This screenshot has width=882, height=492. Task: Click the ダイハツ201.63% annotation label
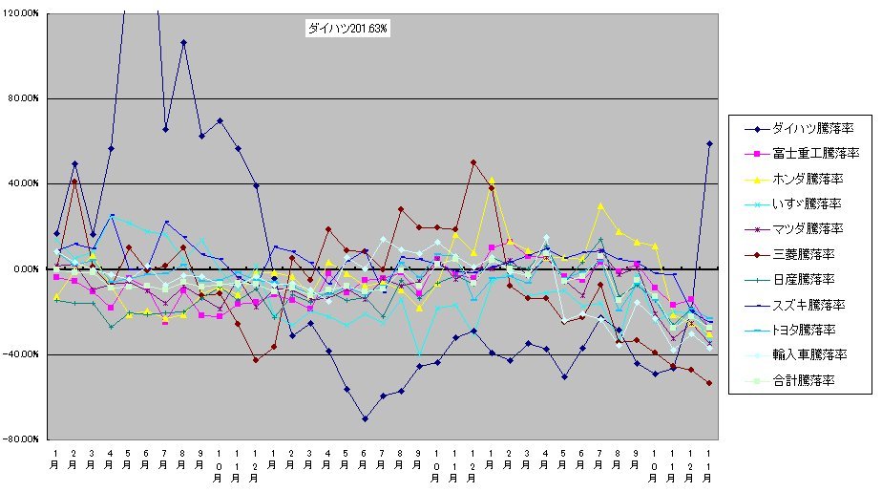point(347,30)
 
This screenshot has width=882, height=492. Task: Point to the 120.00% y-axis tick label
point(20,13)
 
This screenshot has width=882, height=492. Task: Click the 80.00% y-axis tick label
point(23,98)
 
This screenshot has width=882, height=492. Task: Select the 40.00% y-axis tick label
point(23,183)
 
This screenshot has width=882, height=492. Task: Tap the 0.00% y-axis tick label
point(26,268)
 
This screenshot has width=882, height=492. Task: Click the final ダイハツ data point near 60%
point(710,143)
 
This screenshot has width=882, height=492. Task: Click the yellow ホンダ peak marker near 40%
point(492,180)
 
